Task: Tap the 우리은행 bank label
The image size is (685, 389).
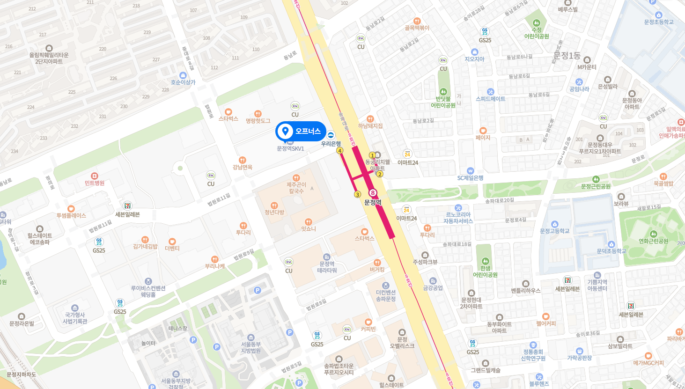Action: tap(331, 143)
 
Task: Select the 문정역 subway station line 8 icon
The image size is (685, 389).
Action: tap(373, 193)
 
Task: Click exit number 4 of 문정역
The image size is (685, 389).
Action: tap(340, 151)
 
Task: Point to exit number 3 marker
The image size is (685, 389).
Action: tap(358, 194)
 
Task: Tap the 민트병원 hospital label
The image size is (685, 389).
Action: tap(95, 183)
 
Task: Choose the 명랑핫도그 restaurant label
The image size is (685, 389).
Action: tap(258, 120)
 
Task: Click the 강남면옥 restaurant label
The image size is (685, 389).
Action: tap(243, 167)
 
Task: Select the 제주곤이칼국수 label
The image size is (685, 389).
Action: tap(296, 188)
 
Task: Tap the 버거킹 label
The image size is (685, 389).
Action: tap(377, 269)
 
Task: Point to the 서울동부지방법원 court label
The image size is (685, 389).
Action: tap(251, 347)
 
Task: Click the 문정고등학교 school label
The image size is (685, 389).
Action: tap(555, 231)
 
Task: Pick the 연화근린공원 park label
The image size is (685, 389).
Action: tap(654, 241)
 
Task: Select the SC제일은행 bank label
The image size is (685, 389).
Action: tap(471, 178)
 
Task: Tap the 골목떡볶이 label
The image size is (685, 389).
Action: tap(417, 28)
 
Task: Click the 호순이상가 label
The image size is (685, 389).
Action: tap(183, 82)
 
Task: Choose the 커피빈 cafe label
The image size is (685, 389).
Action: tap(368, 329)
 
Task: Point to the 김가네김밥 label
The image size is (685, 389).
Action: tap(145, 246)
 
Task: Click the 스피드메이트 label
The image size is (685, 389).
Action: tap(491, 99)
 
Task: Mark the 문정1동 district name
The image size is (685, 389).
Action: tap(567, 56)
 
